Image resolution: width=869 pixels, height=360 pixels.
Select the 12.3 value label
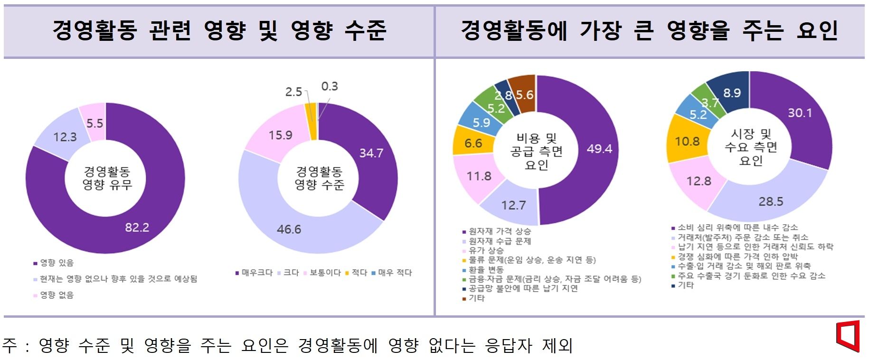pyautogui.click(x=65, y=137)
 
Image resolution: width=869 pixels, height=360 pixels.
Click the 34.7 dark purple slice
pyautogui.click(x=371, y=153)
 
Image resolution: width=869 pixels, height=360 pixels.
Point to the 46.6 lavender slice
pyautogui.click(x=289, y=229)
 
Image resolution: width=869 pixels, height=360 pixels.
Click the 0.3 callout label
pyautogui.click(x=330, y=86)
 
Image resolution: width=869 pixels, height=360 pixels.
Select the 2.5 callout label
pyautogui.click(x=293, y=92)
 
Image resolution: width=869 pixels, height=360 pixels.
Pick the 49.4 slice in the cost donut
pyautogui.click(x=599, y=149)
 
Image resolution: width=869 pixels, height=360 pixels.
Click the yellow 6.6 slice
pyautogui.click(x=473, y=143)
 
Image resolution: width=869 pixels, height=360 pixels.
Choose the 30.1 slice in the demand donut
pyautogui.click(x=800, y=113)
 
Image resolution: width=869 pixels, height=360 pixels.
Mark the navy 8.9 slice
pyautogui.click(x=732, y=93)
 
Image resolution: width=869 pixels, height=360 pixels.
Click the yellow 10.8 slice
pyautogui.click(x=687, y=141)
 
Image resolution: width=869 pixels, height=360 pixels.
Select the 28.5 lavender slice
pyautogui.click(x=770, y=201)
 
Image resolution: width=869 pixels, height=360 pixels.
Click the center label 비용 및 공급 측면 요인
pyautogui.click(x=537, y=152)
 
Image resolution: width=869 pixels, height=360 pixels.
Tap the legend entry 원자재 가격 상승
pyautogui.click(x=500, y=231)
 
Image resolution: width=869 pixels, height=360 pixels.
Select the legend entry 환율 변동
pyautogui.click(x=486, y=269)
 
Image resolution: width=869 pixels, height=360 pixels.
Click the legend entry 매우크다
pyautogui.click(x=257, y=273)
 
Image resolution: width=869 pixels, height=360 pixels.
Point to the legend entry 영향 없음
pyautogui.click(x=57, y=295)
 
